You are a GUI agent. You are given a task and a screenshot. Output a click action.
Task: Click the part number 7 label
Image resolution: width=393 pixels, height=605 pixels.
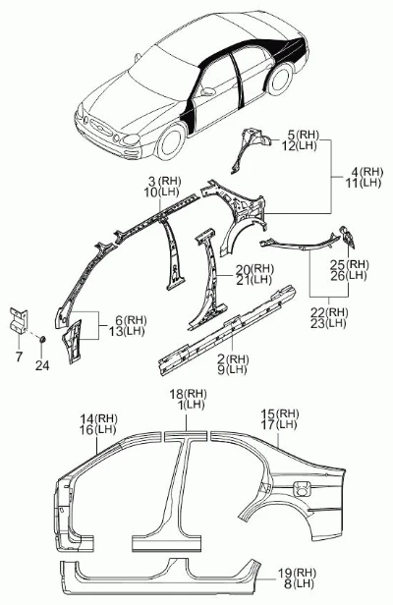(19, 357)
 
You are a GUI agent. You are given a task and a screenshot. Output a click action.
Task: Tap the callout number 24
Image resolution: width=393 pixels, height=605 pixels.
(42, 365)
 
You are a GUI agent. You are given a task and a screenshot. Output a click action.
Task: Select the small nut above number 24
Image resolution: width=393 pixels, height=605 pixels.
(41, 340)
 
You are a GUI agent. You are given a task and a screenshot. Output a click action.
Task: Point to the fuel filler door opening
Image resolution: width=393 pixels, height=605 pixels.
(302, 488)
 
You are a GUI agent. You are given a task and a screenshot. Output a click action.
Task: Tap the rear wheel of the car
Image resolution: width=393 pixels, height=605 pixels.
(280, 80)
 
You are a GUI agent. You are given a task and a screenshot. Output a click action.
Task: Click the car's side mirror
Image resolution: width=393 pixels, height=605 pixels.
(207, 91)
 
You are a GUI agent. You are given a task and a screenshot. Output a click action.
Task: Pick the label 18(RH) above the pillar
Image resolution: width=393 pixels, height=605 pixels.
(189, 394)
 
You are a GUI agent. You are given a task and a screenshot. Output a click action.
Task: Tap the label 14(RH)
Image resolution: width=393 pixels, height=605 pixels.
(99, 418)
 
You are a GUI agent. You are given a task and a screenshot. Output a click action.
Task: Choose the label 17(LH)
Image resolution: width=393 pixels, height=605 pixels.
(279, 425)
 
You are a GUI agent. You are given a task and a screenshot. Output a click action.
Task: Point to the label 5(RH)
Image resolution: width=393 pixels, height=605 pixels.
(304, 135)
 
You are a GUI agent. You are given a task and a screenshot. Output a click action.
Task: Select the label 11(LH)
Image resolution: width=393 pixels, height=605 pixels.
(363, 183)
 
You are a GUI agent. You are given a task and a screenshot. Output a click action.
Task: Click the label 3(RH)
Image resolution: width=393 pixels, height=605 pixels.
(164, 181)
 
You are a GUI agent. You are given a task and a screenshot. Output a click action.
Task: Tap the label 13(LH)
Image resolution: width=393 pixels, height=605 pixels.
(126, 331)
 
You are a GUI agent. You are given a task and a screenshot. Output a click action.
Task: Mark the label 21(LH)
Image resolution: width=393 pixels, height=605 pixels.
(253, 280)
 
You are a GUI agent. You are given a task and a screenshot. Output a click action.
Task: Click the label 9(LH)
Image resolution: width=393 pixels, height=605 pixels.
(232, 369)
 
